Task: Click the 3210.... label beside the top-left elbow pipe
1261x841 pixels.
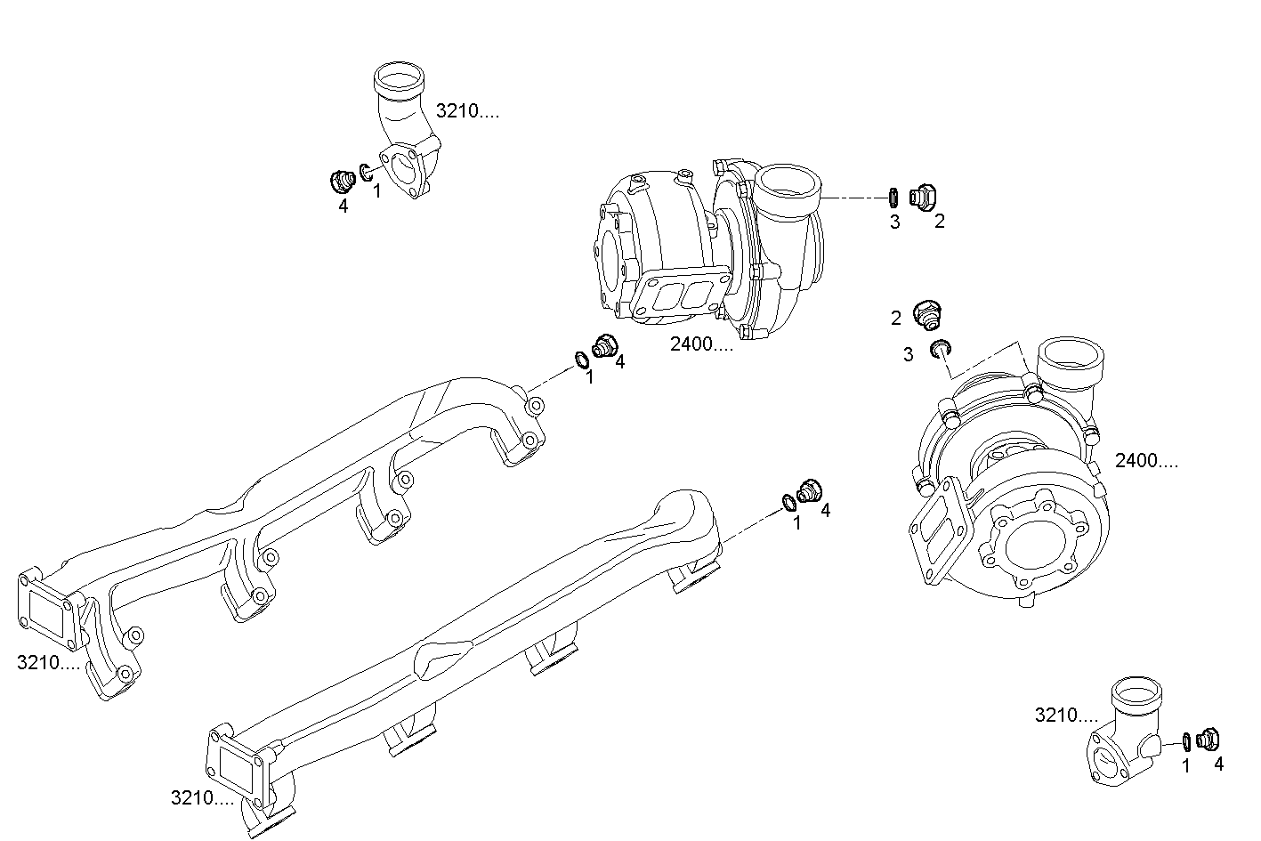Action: [467, 111]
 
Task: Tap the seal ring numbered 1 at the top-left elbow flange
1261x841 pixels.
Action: [367, 171]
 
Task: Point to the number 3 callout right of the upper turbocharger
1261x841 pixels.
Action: [894, 222]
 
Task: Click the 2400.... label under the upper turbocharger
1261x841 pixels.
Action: [702, 344]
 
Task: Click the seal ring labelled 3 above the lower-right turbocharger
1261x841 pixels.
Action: [939, 348]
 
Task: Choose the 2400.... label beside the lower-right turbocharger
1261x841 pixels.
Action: [1147, 461]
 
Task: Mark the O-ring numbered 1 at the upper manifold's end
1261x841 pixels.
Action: [580, 360]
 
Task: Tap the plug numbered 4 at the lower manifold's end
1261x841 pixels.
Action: [811, 490]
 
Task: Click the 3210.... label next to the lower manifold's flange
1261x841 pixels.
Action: [202, 798]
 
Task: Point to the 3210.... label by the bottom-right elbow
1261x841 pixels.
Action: [1066, 715]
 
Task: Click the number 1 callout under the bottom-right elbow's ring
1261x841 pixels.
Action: [1185, 764]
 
